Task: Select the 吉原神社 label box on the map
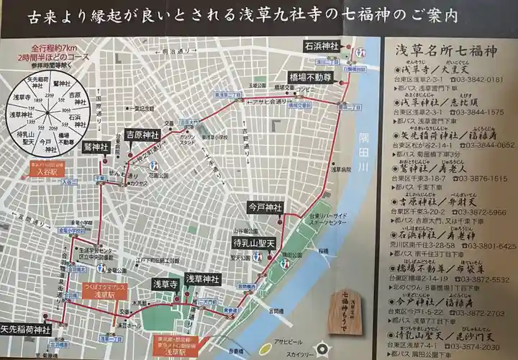coord(142,135)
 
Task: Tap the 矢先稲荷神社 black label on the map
coord(26,330)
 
